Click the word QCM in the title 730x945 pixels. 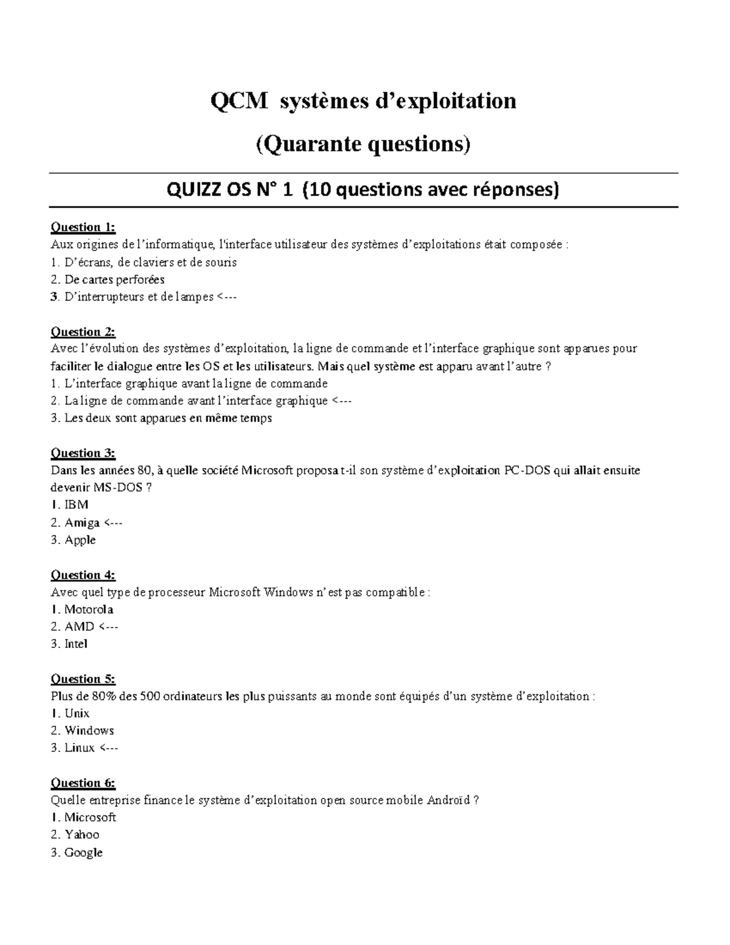click(238, 101)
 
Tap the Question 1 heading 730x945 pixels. click(83, 228)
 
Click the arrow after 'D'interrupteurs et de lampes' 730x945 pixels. click(227, 297)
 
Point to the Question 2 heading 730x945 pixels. click(83, 332)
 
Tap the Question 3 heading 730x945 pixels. click(83, 453)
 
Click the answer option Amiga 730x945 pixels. click(82, 523)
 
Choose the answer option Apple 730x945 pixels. click(80, 540)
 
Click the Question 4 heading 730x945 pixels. click(83, 575)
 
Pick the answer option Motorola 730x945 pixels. click(89, 610)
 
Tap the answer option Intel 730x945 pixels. click(76, 644)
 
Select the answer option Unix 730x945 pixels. click(77, 714)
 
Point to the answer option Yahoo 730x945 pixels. click(82, 835)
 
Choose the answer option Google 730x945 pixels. click(83, 853)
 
